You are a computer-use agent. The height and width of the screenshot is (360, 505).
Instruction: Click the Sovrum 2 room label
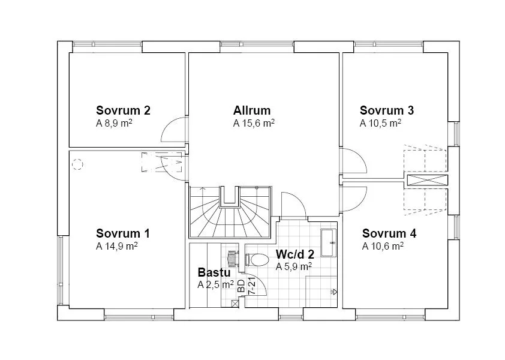(123, 110)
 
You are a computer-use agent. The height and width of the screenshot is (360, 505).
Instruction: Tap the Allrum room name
(252, 110)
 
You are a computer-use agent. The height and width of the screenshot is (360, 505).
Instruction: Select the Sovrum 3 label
(386, 110)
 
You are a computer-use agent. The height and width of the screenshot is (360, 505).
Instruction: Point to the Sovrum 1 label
(123, 233)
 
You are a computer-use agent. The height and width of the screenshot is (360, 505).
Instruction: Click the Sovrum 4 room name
(389, 233)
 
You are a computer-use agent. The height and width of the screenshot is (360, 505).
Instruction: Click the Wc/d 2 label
(294, 254)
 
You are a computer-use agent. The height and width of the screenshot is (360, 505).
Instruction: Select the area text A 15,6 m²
(254, 124)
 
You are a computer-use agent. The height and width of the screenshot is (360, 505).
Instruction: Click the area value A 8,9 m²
(114, 124)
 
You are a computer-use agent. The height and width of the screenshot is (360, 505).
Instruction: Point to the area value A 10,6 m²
(382, 246)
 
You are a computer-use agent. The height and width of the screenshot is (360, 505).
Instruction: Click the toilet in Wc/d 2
(257, 260)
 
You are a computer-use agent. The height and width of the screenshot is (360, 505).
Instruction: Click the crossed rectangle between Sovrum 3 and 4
(426, 179)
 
